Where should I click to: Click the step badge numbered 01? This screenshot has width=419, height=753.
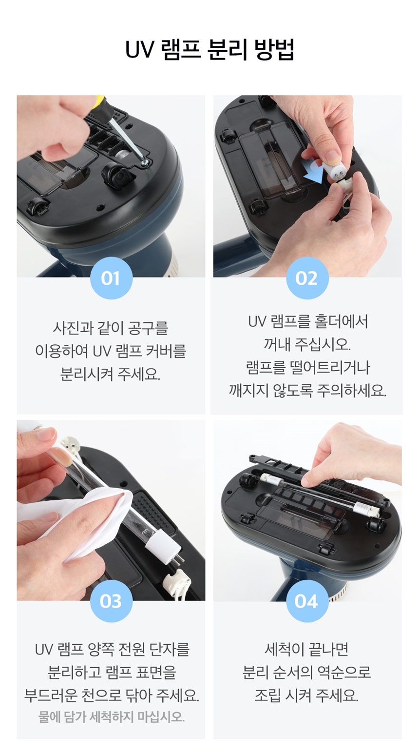[111, 278]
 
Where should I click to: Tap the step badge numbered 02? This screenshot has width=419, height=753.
[306, 278]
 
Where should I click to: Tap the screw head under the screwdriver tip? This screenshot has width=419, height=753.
[146, 163]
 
